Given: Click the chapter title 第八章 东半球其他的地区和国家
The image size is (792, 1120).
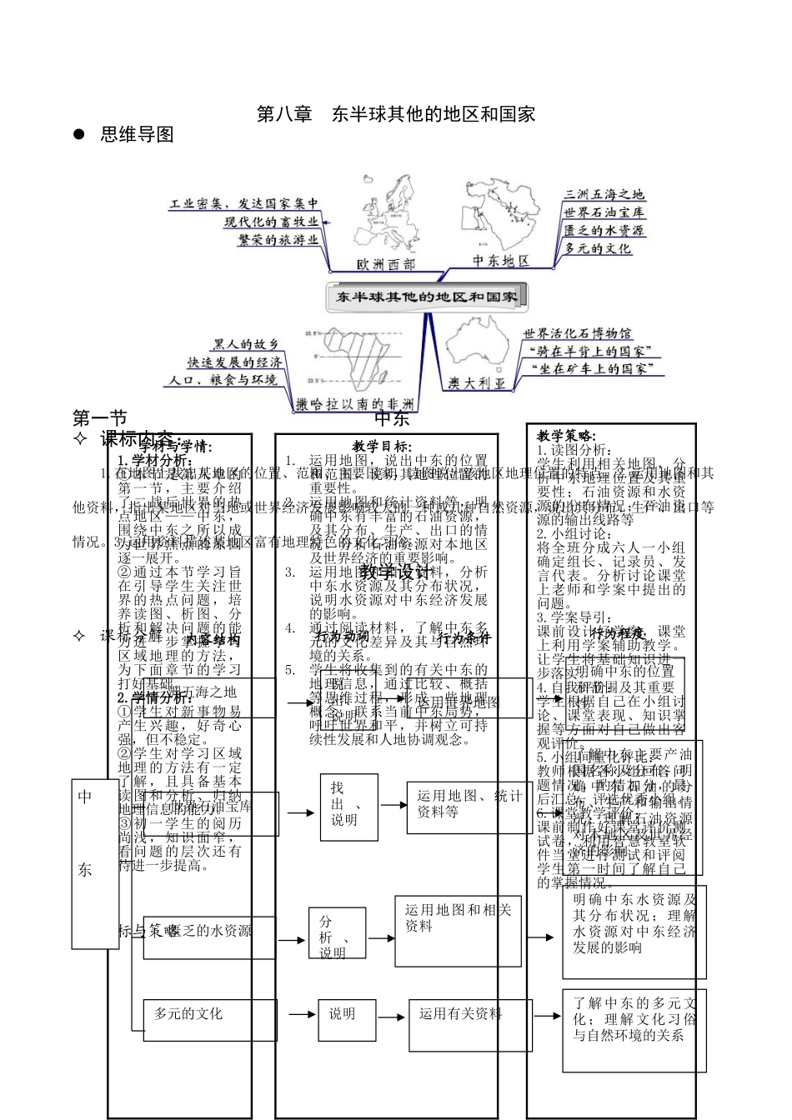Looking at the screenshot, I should click(x=395, y=114).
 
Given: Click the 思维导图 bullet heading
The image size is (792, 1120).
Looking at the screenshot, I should click(x=137, y=135).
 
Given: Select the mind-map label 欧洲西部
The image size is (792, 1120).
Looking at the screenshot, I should click(x=384, y=264).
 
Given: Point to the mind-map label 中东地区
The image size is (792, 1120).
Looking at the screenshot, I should click(x=501, y=261).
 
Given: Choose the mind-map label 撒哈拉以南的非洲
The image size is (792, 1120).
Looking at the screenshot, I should click(x=356, y=404).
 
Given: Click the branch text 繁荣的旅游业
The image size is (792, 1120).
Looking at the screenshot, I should click(x=278, y=239).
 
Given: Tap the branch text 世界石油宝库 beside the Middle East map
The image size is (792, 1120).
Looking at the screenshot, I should click(x=604, y=212).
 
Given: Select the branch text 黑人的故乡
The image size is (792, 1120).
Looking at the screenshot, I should click(x=244, y=343).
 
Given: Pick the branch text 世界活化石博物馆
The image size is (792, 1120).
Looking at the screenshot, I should click(x=577, y=333).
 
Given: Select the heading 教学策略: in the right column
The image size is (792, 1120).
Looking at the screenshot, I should click(x=566, y=435).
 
